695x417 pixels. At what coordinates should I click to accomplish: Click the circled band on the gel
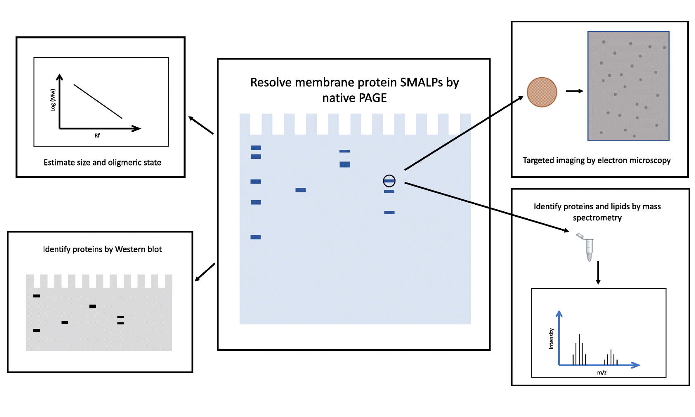pos(389,181)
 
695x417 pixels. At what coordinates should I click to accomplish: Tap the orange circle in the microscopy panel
pos(542,92)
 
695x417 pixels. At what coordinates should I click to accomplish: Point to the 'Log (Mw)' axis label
pos(53,100)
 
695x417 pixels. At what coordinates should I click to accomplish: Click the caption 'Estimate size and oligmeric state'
pos(102,162)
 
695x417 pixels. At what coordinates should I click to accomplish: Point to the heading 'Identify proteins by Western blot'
pos(102,249)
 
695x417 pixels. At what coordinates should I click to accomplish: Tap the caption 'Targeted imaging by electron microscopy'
pos(596,160)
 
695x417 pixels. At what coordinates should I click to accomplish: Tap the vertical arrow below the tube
pos(598,273)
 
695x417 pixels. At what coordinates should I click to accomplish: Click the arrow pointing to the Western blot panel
pos(205,272)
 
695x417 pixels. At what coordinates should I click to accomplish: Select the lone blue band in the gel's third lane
pos(301,190)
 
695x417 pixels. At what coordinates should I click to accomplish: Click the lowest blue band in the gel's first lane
pos(256,237)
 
